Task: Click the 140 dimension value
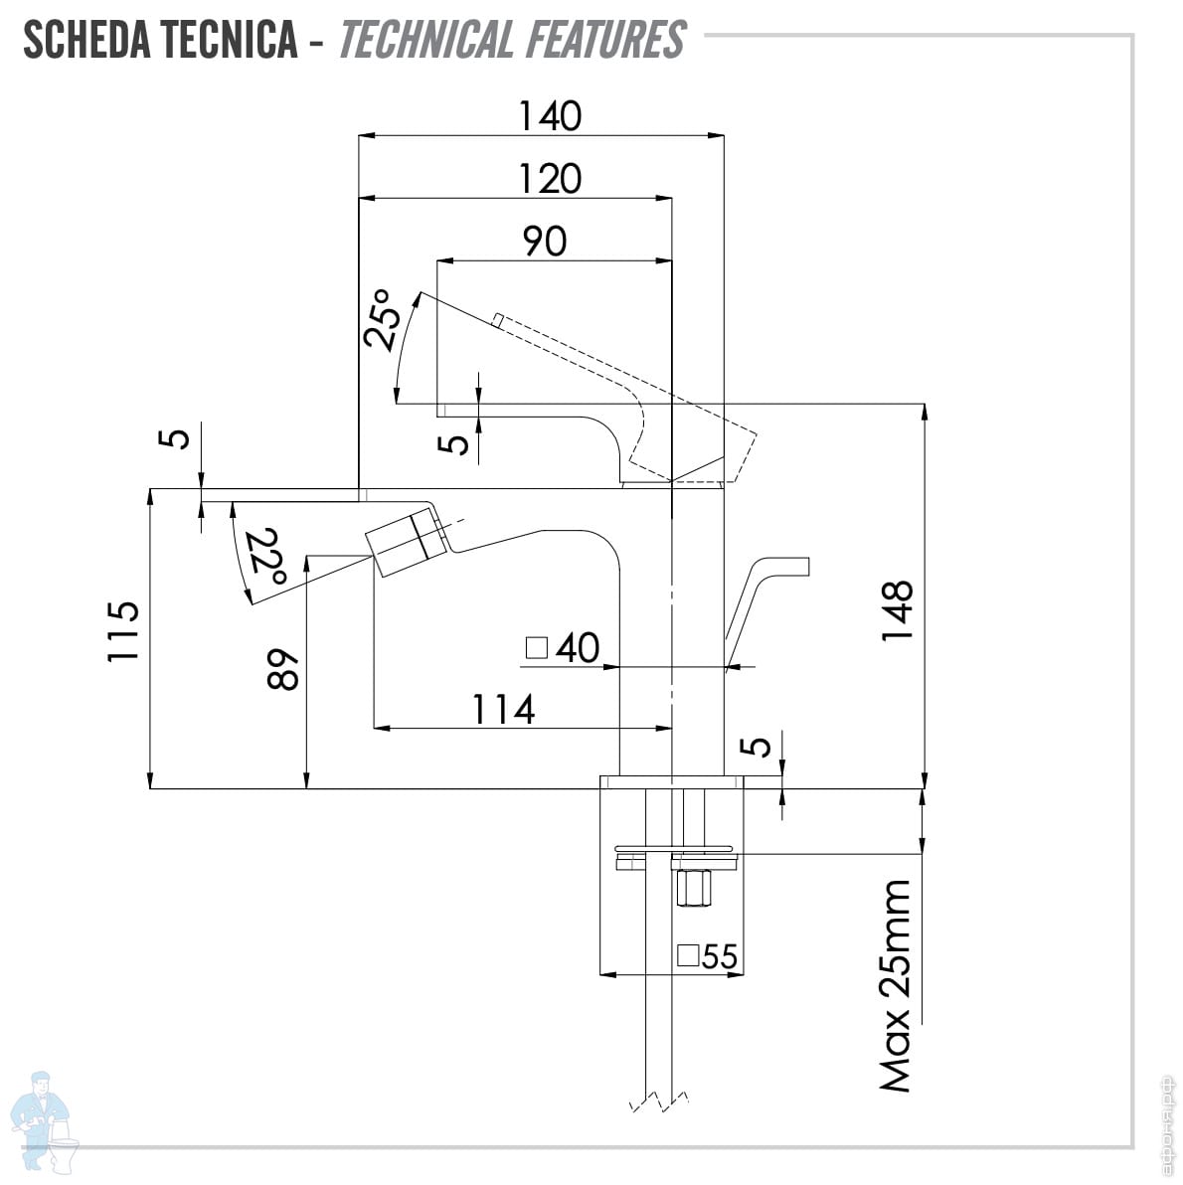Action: pyautogui.click(x=549, y=116)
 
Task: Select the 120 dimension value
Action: pyautogui.click(x=549, y=179)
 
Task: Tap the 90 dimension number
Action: pyautogui.click(x=545, y=241)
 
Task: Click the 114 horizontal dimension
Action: pyautogui.click(x=503, y=710)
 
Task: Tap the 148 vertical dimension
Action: pyautogui.click(x=897, y=610)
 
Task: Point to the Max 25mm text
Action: pyautogui.click(x=896, y=985)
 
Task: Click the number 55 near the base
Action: pyautogui.click(x=720, y=956)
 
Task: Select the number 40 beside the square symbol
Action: pyautogui.click(x=578, y=648)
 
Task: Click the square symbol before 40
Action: pyautogui.click(x=537, y=648)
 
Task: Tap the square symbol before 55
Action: pyautogui.click(x=688, y=956)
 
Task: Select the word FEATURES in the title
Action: pyautogui.click(x=605, y=40)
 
